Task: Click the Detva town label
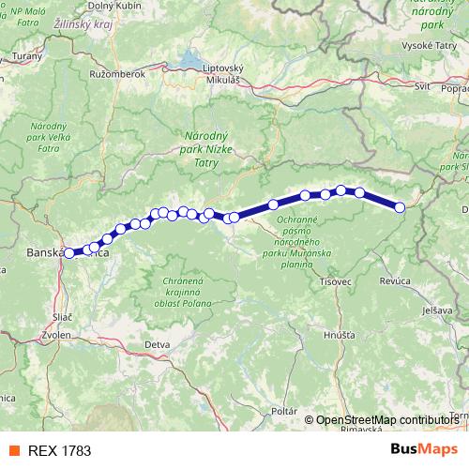point(157,344)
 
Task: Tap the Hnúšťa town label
point(338,334)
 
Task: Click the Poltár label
point(282,412)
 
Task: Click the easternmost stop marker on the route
point(400,207)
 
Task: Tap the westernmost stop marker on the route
point(68,252)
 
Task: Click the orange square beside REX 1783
point(14,450)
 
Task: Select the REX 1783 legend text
point(60,450)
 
